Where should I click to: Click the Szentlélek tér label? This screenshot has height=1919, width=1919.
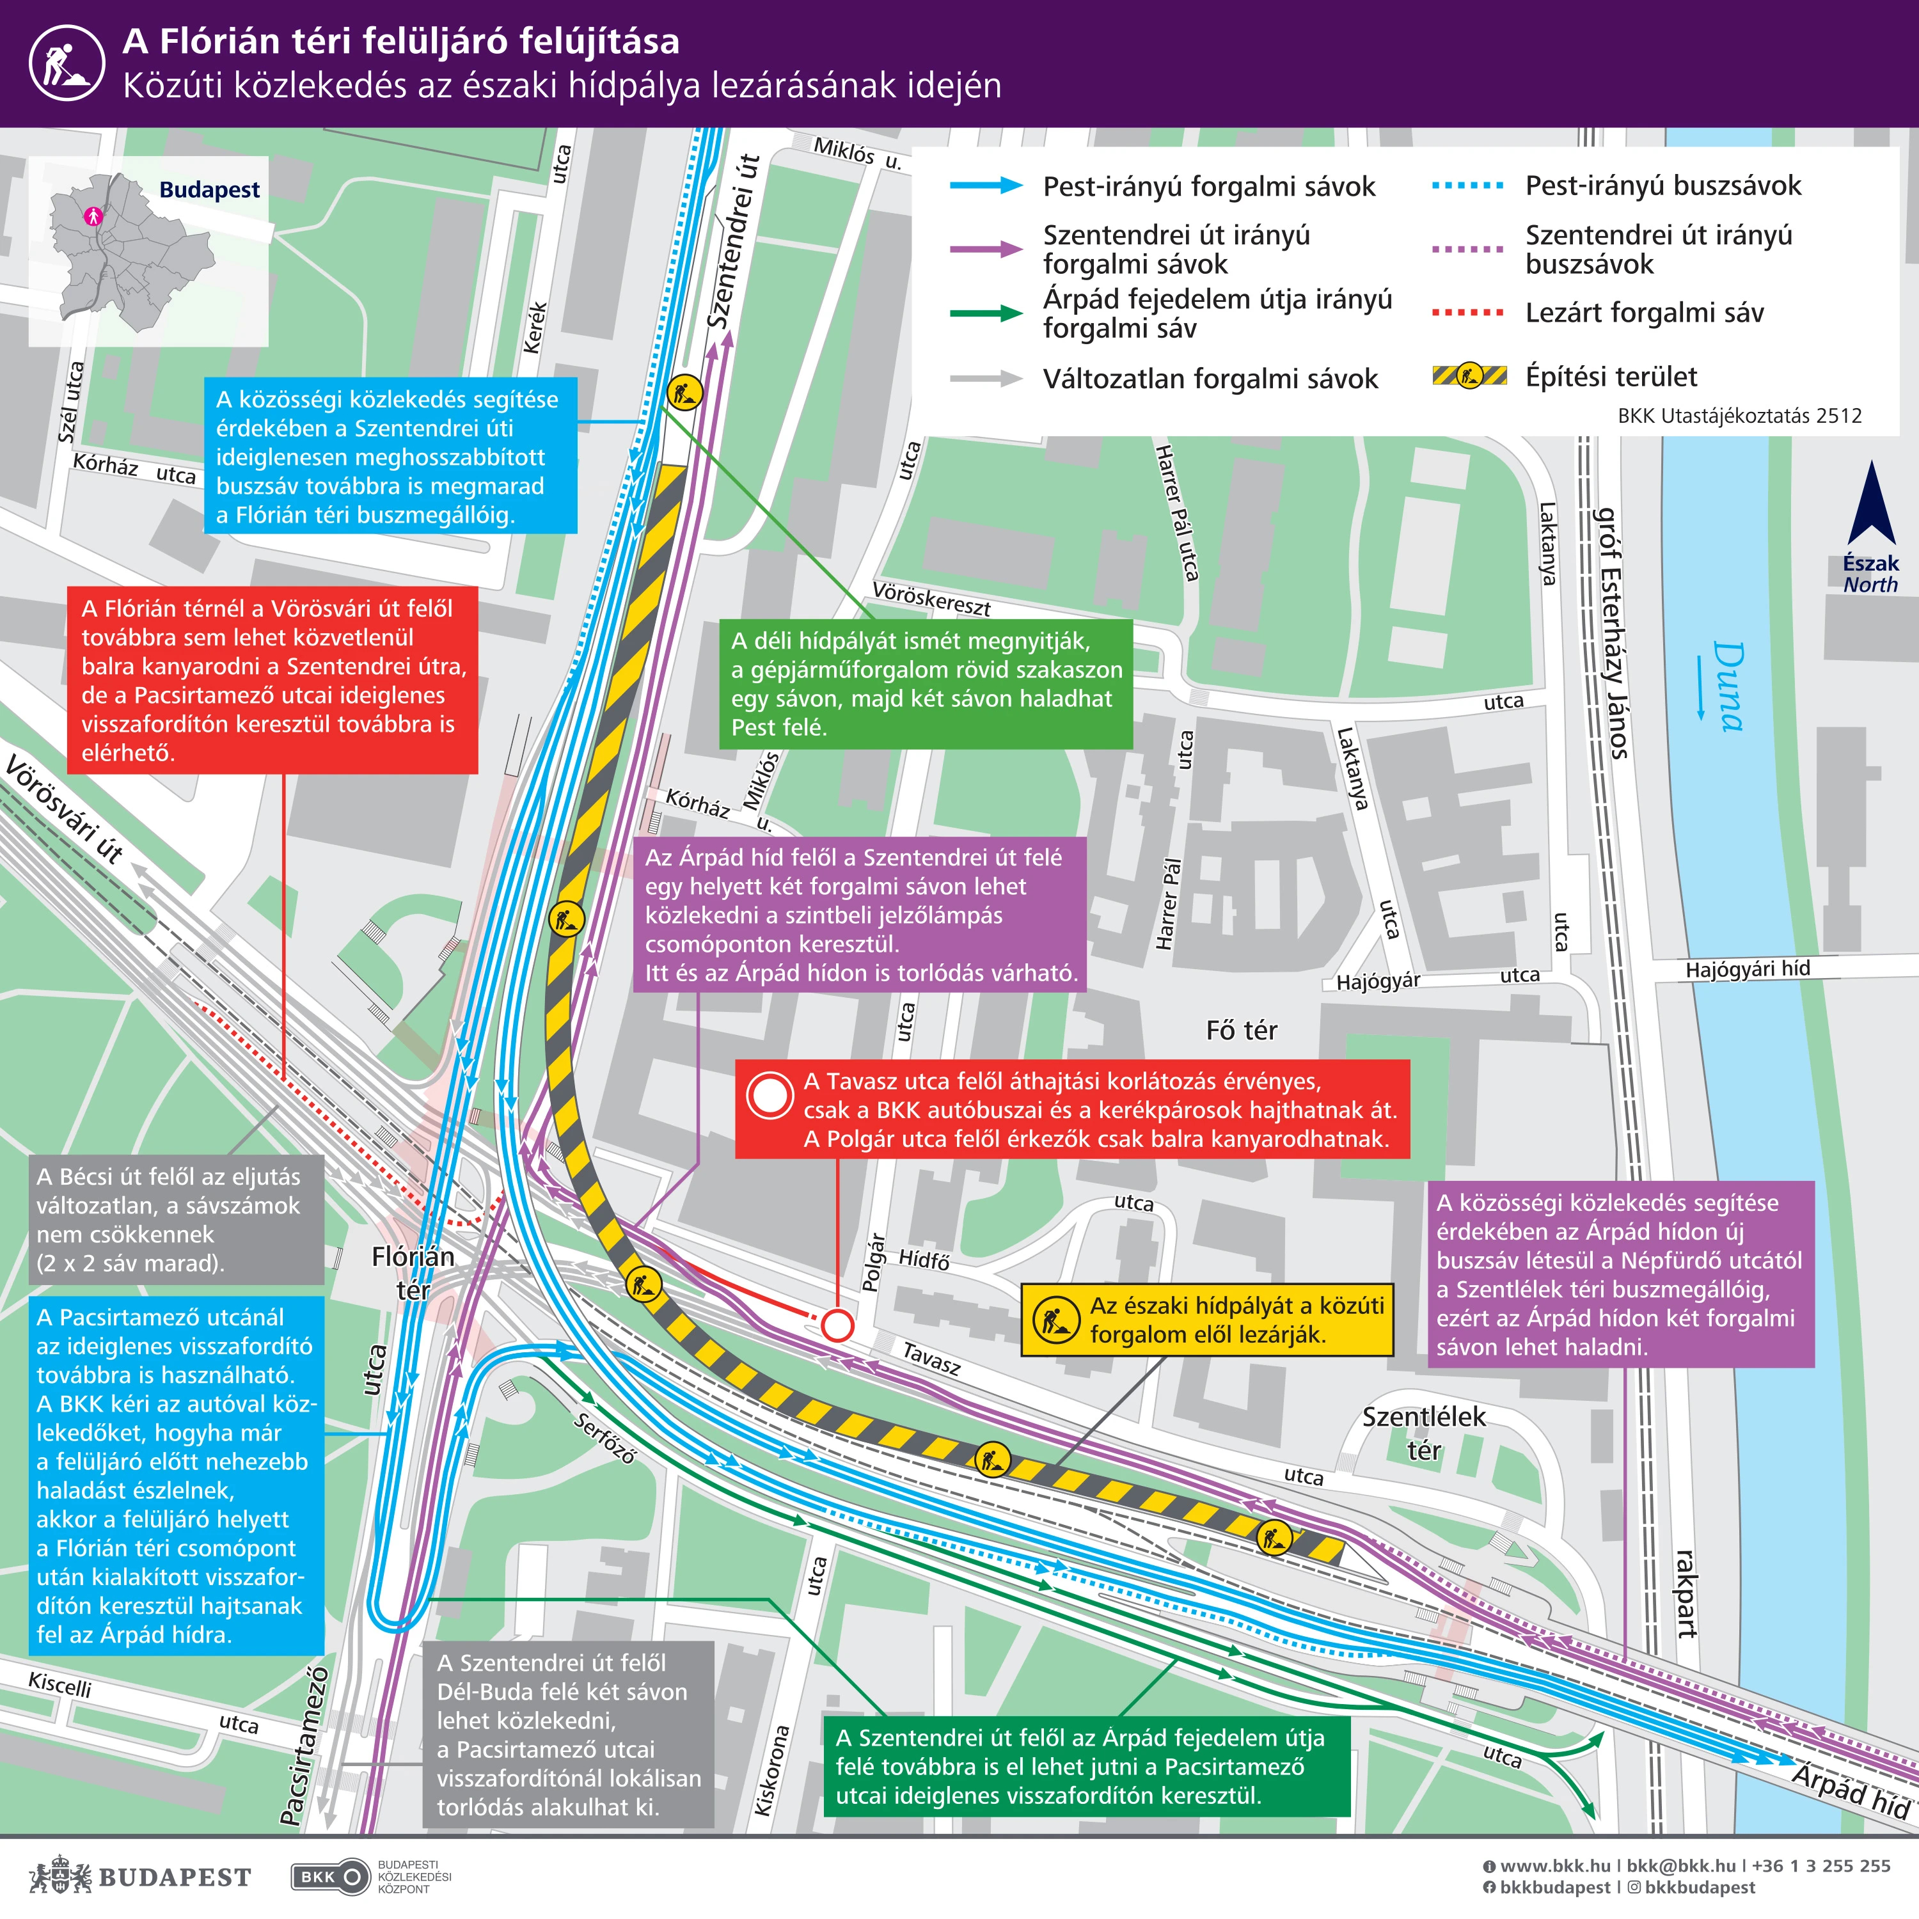tap(1423, 1432)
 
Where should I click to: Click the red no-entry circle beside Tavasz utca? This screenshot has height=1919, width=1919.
tap(837, 1324)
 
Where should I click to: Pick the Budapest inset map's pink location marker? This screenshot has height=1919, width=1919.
tap(93, 214)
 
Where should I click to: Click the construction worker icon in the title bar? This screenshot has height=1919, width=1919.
tap(67, 63)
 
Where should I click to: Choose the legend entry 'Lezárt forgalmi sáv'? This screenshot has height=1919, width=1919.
tap(1644, 313)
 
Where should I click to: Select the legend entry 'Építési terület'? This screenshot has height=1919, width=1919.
tap(1611, 377)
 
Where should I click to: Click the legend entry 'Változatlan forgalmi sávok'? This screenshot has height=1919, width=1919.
tap(1210, 379)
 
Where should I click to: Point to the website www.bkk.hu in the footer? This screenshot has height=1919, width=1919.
tap(1554, 1865)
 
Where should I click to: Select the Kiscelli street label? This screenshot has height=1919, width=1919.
tap(59, 1685)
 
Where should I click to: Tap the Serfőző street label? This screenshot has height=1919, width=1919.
tap(604, 1438)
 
